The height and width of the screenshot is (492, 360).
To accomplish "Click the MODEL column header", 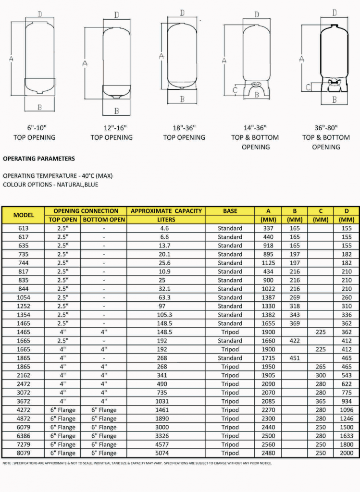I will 24,215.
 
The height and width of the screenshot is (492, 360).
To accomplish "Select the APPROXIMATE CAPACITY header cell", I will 166,211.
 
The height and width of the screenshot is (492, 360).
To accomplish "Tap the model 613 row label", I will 24,228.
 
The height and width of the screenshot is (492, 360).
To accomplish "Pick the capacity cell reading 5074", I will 166,453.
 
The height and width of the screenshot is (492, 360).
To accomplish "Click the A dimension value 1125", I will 269,263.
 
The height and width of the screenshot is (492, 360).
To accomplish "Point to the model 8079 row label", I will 24,453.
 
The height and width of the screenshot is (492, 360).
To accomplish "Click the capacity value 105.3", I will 166,315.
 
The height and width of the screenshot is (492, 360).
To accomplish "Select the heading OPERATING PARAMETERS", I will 39,159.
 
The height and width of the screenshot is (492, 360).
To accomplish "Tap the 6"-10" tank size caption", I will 37,128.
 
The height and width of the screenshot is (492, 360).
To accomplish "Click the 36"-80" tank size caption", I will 326,128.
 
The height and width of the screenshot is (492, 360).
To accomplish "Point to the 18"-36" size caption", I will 184,128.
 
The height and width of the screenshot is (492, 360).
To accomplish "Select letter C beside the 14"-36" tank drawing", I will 235,90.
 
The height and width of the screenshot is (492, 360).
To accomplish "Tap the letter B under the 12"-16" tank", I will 117,111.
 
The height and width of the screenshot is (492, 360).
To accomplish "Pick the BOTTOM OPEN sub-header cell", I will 104,220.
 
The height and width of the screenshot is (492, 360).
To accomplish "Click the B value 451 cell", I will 295,358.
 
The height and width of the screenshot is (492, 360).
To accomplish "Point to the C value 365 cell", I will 321,401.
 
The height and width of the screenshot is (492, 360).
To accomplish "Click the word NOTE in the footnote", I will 8,463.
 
